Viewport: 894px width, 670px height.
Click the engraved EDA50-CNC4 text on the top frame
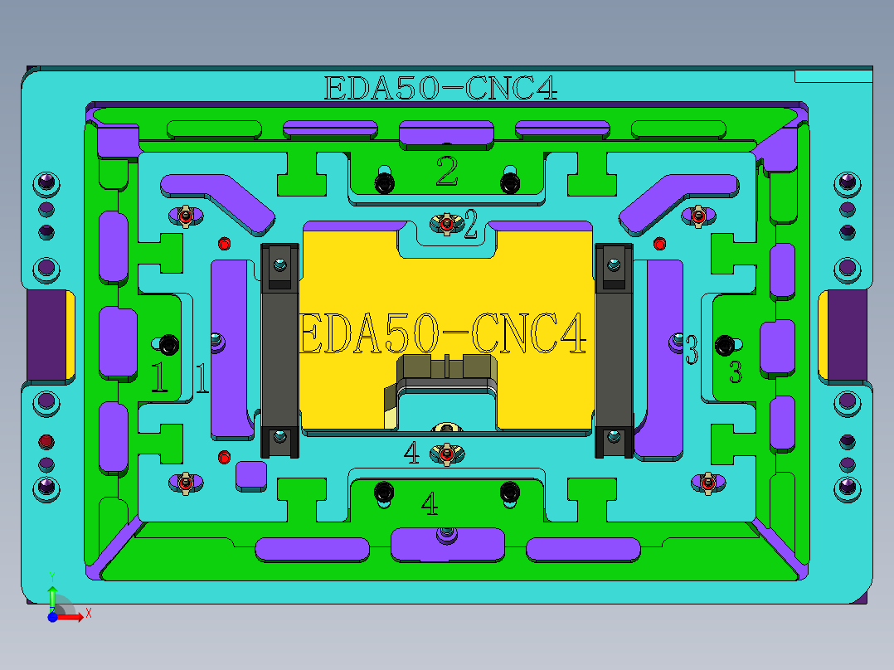(x=440, y=88)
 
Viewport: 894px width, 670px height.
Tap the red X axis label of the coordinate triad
(x=88, y=613)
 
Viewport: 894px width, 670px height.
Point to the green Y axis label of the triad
(x=51, y=575)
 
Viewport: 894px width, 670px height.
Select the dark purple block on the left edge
(x=46, y=334)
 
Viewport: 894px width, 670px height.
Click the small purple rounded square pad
(x=250, y=474)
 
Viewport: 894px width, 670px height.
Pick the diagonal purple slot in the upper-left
(x=221, y=201)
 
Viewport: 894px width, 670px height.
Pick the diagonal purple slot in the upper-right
(x=675, y=201)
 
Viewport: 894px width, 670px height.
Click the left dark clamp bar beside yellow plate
(x=279, y=350)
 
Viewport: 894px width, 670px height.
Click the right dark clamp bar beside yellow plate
(x=614, y=350)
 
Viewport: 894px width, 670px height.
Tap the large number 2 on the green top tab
(x=446, y=172)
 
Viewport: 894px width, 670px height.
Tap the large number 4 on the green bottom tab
(x=430, y=503)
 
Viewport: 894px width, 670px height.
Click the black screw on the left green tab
(x=169, y=342)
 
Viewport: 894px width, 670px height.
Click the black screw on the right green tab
(x=726, y=343)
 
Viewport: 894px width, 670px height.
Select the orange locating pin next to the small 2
(x=446, y=222)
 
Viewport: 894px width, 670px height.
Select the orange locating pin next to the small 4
(x=446, y=454)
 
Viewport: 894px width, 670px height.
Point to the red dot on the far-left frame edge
(x=46, y=439)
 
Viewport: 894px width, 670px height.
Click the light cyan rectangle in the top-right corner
(x=833, y=76)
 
